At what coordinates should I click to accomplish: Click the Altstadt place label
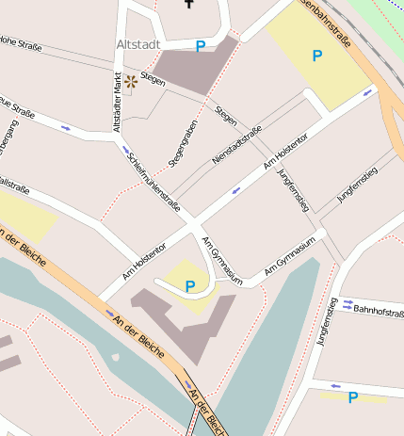pos(137,44)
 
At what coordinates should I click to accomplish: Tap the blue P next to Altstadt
pos(201,46)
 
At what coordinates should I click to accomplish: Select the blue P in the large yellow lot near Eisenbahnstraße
pos(317,57)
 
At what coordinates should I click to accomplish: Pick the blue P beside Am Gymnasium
pos(190,286)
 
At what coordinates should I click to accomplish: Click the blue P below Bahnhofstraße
pos(353,397)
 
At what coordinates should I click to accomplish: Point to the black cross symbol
pos(190,4)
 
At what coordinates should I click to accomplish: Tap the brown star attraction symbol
pos(130,82)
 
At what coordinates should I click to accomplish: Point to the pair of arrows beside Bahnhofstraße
pos(347,304)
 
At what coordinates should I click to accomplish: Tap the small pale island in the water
pos(115,357)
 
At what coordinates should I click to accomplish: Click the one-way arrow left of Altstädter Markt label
pos(66,127)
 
